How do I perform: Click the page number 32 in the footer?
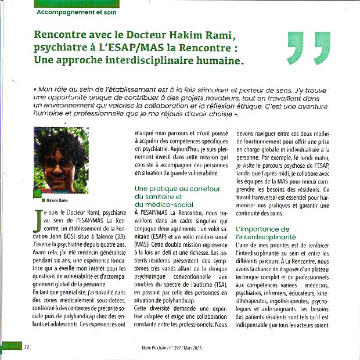(27, 347)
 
